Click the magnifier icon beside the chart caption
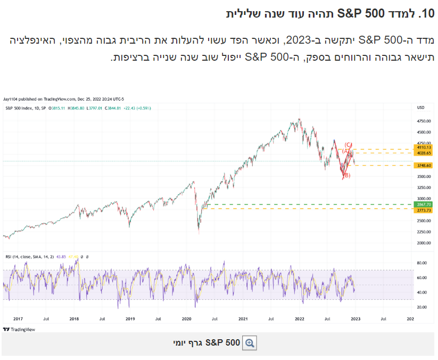click(x=250, y=343)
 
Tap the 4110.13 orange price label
click(x=424, y=148)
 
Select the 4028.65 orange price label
click(x=424, y=153)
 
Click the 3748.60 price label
click(x=424, y=166)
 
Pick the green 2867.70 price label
click(x=424, y=204)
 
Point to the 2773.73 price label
click(x=424, y=210)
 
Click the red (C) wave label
click(x=348, y=144)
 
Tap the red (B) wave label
click(x=346, y=175)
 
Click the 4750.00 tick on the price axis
click(x=423, y=121)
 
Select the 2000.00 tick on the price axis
click(x=423, y=243)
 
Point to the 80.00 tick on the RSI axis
click(x=423, y=263)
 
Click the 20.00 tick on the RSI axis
click(x=423, y=307)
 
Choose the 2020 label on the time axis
click(x=186, y=318)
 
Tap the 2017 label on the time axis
click(x=17, y=318)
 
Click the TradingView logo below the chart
click(x=19, y=329)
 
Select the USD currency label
click(x=421, y=108)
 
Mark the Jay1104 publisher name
click(x=11, y=99)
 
